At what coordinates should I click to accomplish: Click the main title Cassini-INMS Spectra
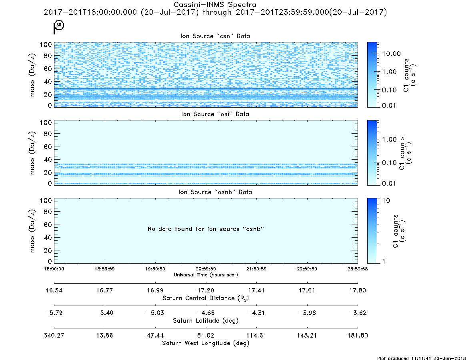pyautogui.click(x=215, y=5)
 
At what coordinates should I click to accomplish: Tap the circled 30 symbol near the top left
pyautogui.click(x=59, y=25)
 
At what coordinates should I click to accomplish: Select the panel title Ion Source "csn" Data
pyautogui.click(x=215, y=36)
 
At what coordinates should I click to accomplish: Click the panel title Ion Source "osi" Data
pyautogui.click(x=215, y=114)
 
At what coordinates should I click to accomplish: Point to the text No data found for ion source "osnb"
pyautogui.click(x=206, y=229)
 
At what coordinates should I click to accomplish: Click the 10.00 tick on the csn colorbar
pyautogui.click(x=392, y=54)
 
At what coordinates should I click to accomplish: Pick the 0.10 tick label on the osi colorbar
pyautogui.click(x=389, y=163)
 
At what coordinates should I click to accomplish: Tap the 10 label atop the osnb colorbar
pyautogui.click(x=386, y=200)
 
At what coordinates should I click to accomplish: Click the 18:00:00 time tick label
pyautogui.click(x=54, y=269)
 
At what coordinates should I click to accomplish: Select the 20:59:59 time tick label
pyautogui.click(x=206, y=269)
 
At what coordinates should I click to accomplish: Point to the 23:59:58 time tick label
pyautogui.click(x=358, y=269)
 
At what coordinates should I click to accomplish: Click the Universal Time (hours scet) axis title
pyautogui.click(x=206, y=275)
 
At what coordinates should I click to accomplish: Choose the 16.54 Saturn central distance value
pyautogui.click(x=54, y=290)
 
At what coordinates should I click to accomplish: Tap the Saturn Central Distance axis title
pyautogui.click(x=206, y=298)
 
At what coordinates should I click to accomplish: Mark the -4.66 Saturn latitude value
pyautogui.click(x=206, y=313)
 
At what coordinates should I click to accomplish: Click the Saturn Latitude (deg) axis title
pyautogui.click(x=206, y=321)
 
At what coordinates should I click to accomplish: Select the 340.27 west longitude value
pyautogui.click(x=54, y=335)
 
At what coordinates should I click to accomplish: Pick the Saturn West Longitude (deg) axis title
pyautogui.click(x=206, y=343)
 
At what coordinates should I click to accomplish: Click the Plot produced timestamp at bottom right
pyautogui.click(x=421, y=358)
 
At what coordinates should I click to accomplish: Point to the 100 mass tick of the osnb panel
pyautogui.click(x=46, y=200)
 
